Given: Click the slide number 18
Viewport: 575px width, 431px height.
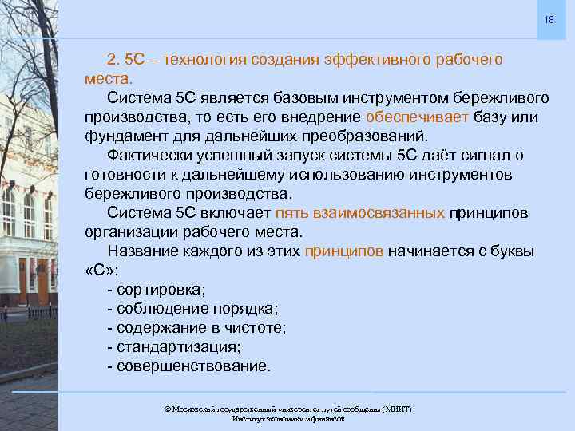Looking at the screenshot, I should point(549,18).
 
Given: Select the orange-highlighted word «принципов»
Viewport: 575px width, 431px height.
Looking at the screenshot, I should point(344,251).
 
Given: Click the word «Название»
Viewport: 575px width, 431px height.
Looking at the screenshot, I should point(145,251).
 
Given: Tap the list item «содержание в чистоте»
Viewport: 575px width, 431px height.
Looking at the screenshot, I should point(196,328).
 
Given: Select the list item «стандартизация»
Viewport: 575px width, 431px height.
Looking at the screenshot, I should point(173,347).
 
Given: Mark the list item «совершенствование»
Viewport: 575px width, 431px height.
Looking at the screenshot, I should point(188,366).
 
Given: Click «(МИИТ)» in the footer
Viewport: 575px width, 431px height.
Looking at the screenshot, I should point(397,409).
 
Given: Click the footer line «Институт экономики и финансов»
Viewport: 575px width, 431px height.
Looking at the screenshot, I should point(287,418).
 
